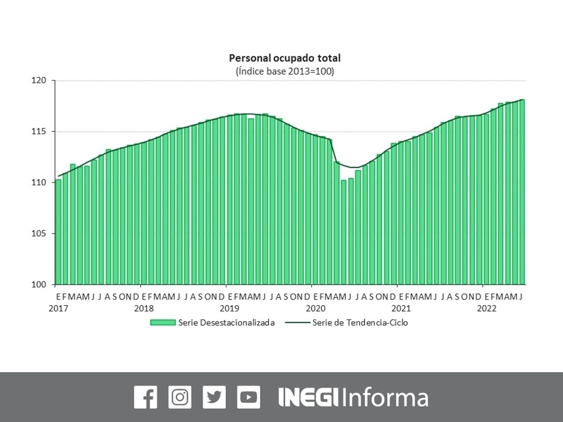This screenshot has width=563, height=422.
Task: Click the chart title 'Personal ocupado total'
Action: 284,58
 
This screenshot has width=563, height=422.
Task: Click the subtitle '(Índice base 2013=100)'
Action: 284,72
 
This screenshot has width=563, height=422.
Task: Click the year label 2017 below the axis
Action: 58,308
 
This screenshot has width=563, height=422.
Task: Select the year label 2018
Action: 144,308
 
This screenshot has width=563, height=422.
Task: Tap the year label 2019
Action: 229,308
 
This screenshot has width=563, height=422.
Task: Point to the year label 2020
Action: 315,308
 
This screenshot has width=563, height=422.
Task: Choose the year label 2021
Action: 401,308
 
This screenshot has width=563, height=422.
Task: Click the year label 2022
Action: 486,308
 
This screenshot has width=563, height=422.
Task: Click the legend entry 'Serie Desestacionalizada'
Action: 226,322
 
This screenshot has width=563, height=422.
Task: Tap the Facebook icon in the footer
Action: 145,397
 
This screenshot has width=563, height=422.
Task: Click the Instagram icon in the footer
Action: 180,397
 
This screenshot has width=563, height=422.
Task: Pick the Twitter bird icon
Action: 214,397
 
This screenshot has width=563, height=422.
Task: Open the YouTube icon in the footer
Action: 249,397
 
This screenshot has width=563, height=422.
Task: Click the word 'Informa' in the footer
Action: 385,397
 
